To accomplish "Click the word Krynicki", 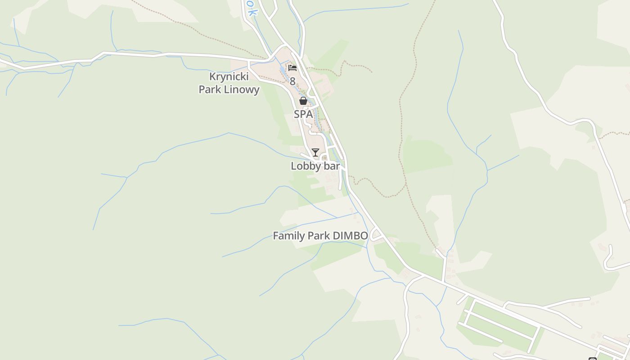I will tap(229, 77).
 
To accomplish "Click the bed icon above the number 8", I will tap(292, 68).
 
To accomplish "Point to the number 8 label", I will tap(292, 81).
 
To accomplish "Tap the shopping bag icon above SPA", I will tap(303, 101).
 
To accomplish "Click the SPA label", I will tap(303, 114).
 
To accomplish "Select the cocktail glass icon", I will tap(315, 153).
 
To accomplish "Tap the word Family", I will tap(289, 236).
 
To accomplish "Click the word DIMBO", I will tap(350, 236).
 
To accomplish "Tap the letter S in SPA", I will tap(297, 114).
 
